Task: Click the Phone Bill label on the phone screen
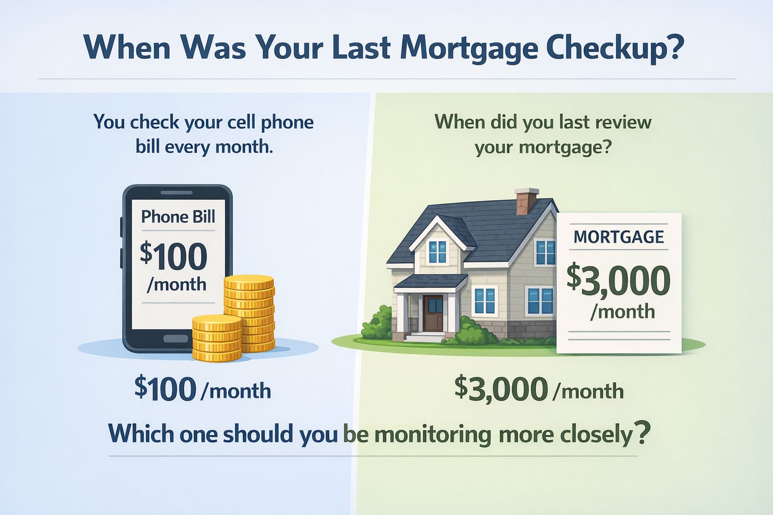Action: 178,217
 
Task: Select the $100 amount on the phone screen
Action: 174,256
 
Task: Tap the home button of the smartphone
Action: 176,338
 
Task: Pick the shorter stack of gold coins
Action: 217,338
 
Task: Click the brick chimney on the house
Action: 526,201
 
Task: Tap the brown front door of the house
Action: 432,313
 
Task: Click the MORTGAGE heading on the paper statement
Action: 619,236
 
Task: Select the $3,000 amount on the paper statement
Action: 619,280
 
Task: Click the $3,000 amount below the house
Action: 501,389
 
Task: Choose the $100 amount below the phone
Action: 165,389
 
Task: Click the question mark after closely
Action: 641,433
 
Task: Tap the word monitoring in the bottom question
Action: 433,434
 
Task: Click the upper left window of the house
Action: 436,251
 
